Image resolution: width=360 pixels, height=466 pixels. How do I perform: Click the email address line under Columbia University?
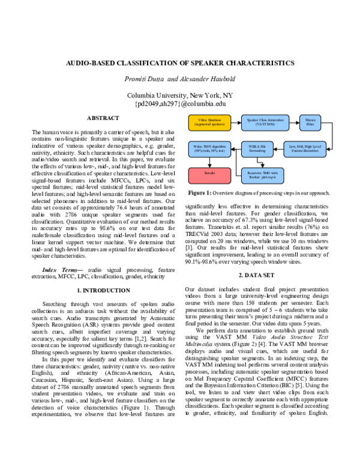(180, 103)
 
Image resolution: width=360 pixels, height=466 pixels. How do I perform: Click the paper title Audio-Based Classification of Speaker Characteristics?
(180, 62)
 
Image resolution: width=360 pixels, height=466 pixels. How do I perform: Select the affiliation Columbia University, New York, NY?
(180, 95)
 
